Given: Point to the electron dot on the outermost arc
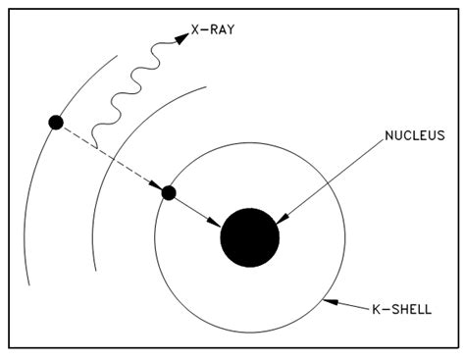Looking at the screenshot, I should tap(56, 122).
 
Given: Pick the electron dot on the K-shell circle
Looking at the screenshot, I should tap(169, 192).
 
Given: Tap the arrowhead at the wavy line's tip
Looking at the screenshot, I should tap(181, 37).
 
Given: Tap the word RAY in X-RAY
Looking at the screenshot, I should tap(223, 29).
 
